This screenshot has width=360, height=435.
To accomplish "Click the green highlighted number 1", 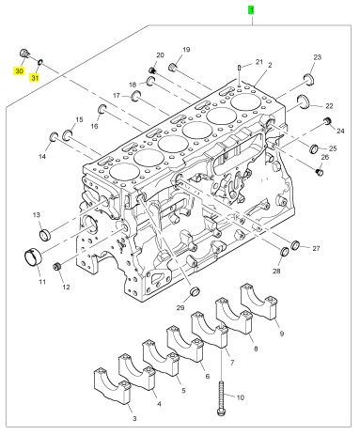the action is pyautogui.click(x=251, y=10).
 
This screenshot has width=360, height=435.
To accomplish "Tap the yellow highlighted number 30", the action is pyautogui.click(x=19, y=71).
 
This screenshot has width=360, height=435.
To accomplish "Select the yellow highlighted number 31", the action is pyautogui.click(x=35, y=77).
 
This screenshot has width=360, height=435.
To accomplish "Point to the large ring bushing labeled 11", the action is pyautogui.click(x=34, y=257).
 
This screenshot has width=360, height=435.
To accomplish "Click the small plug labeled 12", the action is pyautogui.click(x=57, y=267).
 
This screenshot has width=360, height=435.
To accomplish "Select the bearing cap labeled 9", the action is pyautogui.click(x=258, y=302).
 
